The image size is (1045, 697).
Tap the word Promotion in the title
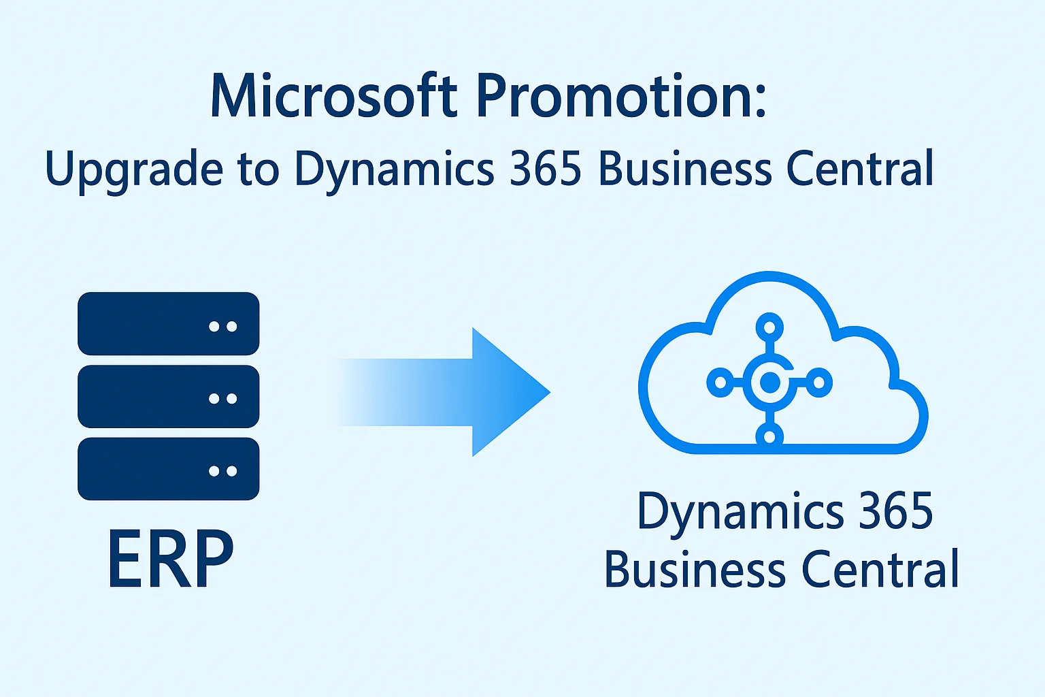click(620, 95)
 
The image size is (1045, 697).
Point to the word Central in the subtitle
click(860, 169)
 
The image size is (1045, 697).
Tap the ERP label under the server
click(170, 560)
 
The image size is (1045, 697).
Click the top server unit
click(168, 323)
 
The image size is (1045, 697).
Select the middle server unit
click(168, 396)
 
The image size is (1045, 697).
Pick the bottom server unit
click(168, 469)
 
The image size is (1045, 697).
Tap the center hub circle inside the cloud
click(769, 383)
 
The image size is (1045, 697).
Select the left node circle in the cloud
click(720, 383)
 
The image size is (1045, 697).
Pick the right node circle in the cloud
click(819, 383)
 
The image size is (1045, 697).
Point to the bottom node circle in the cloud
click(769, 436)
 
